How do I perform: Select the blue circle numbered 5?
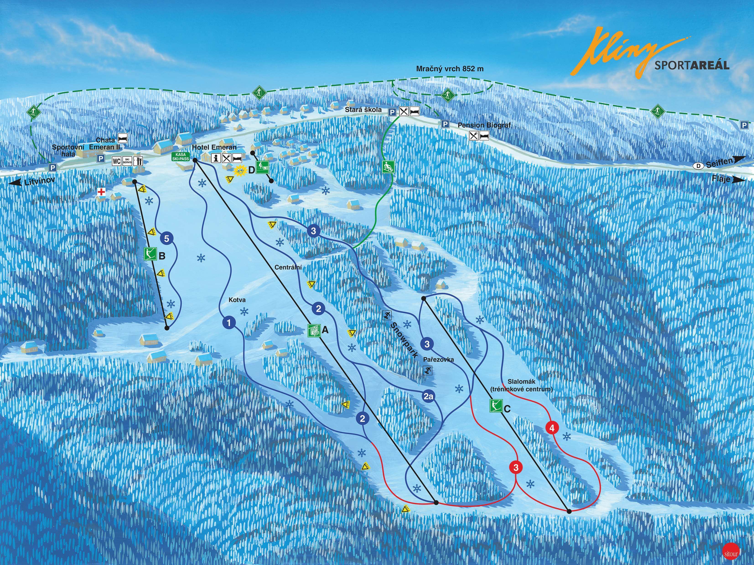(166, 238)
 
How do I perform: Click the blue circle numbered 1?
(229, 322)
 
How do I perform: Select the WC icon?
(117, 161)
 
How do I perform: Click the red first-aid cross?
(101, 192)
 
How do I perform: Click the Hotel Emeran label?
(214, 147)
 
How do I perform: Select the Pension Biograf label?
(484, 125)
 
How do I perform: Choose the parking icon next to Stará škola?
(393, 112)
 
